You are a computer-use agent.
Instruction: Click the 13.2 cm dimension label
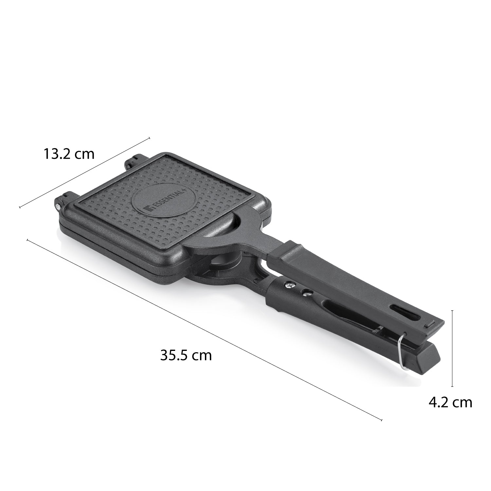coord(69,154)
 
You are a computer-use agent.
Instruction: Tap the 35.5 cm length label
coord(186,355)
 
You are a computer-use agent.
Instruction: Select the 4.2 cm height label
coord(450,402)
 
